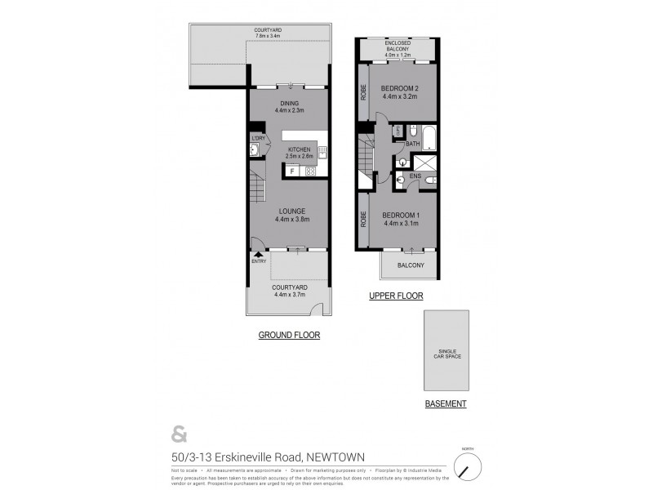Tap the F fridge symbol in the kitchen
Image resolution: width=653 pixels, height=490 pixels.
click(291, 171)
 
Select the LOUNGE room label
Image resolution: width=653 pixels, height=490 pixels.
click(291, 211)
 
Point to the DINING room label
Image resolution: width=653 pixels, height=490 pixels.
click(290, 102)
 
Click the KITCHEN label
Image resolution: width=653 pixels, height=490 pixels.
click(299, 149)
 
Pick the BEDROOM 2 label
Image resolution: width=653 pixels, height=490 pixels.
click(400, 88)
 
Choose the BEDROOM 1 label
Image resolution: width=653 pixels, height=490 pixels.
click(400, 215)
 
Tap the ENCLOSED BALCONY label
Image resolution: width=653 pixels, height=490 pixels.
click(398, 46)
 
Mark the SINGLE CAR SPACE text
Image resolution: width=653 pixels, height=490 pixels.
click(446, 354)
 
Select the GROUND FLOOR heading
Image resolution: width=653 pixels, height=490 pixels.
click(289, 335)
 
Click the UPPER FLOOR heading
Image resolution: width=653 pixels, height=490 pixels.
click(396, 296)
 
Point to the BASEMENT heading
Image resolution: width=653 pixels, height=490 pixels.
click(446, 404)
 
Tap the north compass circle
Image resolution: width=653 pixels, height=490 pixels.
click(467, 469)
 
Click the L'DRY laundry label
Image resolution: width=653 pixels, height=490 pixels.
click(256, 138)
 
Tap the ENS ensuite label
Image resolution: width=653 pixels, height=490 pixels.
click(415, 176)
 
